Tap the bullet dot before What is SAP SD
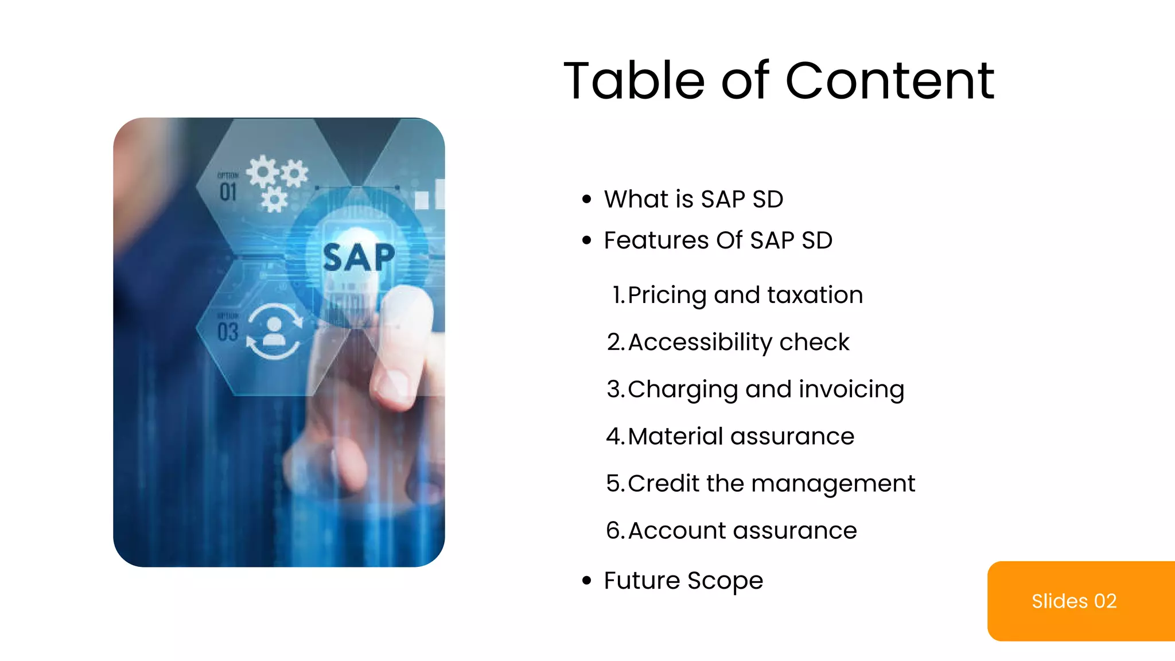(586, 199)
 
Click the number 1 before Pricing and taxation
(617, 295)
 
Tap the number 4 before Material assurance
(614, 436)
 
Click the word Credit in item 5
(664, 483)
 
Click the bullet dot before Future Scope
(586, 580)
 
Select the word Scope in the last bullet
(725, 581)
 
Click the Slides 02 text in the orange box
(1074, 601)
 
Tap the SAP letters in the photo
(359, 257)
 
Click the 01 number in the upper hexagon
(228, 192)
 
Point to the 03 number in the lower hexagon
(228, 332)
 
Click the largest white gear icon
(263, 171)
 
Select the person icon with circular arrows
(274, 331)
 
